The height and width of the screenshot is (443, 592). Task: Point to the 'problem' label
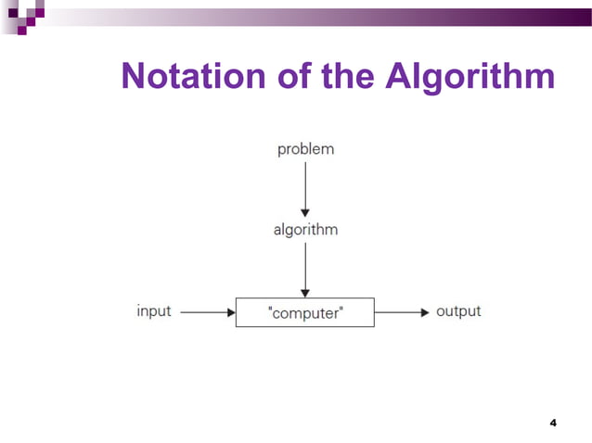305,149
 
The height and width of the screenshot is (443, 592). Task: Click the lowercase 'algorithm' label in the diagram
305,230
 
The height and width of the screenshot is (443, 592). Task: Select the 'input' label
154,311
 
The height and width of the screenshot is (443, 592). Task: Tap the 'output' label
458,311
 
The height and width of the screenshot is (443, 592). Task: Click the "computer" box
304,312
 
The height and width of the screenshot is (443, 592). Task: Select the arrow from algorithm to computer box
305,269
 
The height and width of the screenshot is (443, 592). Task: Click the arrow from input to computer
207,312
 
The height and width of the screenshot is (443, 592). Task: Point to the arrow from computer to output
402,312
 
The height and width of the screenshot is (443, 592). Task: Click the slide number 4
553,423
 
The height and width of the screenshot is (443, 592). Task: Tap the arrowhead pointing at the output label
424,312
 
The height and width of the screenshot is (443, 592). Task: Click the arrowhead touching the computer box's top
305,292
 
